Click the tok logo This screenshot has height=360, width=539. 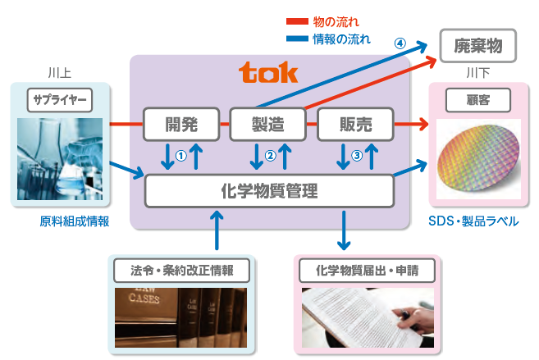[268, 74]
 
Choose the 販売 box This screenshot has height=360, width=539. [355, 125]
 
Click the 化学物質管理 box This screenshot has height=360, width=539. [269, 192]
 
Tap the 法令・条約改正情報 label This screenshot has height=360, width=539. [182, 270]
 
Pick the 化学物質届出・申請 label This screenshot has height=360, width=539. [367, 270]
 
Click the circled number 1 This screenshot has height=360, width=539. [181, 152]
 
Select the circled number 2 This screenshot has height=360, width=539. [269, 153]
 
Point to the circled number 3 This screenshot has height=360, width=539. [356, 153]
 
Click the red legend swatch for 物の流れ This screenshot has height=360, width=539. [296, 21]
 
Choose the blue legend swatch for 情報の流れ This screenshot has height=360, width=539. [296, 37]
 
